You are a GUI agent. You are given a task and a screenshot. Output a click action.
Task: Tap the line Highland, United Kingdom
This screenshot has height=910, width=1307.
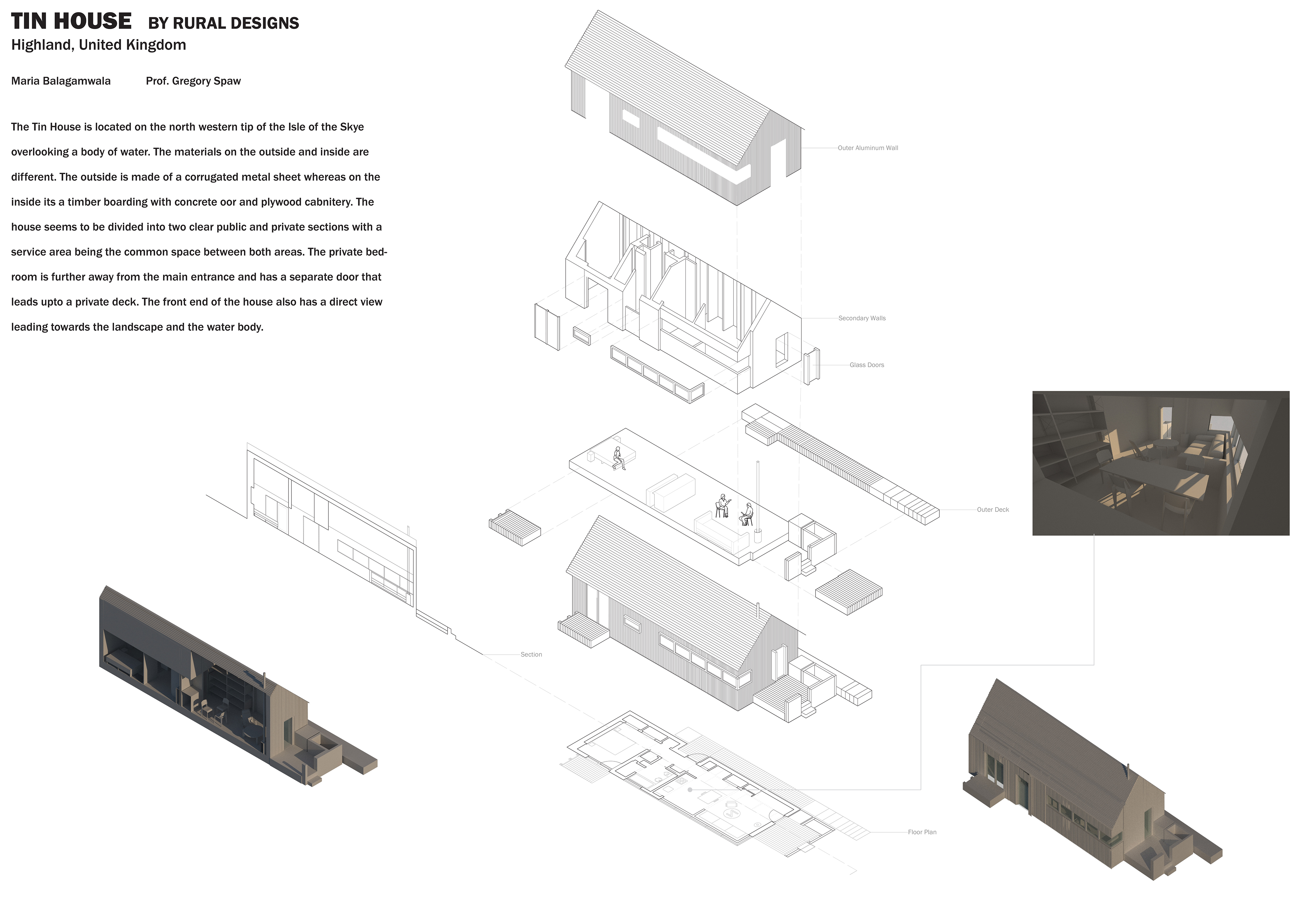pos(98,45)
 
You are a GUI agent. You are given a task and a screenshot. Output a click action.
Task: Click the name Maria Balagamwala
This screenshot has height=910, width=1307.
pos(61,81)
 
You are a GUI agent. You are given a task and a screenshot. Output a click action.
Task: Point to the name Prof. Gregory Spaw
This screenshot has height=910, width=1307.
pos(193,81)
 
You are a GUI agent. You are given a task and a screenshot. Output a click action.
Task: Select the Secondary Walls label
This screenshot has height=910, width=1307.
pos(862,318)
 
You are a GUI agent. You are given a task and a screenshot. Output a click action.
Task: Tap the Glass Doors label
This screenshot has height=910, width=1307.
pos(867,365)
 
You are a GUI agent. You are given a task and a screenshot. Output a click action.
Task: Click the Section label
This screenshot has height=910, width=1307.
pos(531,655)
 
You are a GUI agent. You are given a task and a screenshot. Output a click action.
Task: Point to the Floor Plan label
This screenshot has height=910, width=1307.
pos(922,832)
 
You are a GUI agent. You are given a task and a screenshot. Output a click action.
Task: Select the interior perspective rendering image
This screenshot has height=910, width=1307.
pos(1161,463)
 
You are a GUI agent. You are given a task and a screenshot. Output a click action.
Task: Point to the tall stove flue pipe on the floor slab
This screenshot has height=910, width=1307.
pos(758,501)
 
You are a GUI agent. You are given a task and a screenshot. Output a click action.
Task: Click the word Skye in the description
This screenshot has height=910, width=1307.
pos(352,127)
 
